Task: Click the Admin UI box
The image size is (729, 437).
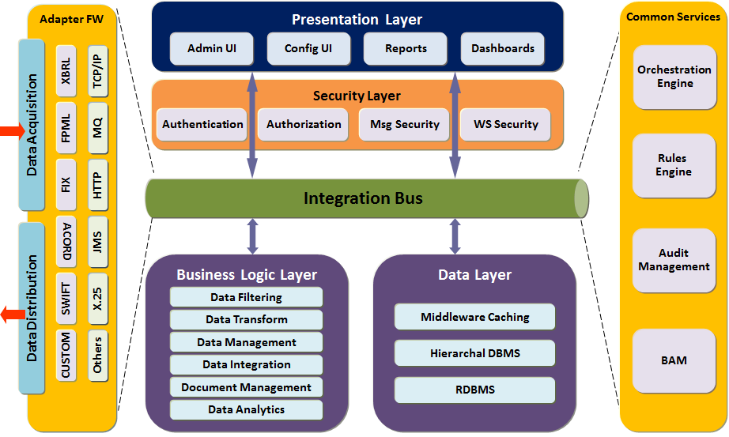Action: coord(211,48)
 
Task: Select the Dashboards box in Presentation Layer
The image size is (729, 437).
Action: coord(503,48)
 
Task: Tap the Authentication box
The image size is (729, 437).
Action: coord(202,124)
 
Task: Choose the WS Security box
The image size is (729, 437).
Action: coord(505,124)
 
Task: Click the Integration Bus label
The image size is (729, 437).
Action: coord(363,198)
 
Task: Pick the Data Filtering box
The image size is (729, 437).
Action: coord(246,297)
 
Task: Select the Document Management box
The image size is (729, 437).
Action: coord(246,387)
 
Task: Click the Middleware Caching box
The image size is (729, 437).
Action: coord(474,317)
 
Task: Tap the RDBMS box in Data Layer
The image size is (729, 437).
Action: coord(474,389)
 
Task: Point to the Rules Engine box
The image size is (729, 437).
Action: coord(674,165)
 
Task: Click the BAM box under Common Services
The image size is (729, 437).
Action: coord(674,360)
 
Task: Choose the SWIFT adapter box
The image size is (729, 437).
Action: coord(66,300)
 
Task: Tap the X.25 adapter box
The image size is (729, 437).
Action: coord(97,300)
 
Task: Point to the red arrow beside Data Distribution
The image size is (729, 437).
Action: coord(12,315)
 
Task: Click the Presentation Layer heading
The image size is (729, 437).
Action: coord(357,20)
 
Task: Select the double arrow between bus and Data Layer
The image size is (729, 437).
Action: coord(455,236)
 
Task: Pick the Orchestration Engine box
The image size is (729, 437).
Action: coord(674,77)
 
